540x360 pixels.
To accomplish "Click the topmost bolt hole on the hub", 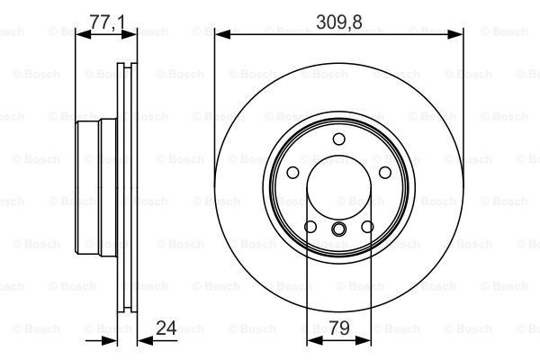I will (339, 139).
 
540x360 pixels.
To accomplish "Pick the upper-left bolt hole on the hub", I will (293, 173).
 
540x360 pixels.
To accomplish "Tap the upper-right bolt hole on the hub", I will (385, 173).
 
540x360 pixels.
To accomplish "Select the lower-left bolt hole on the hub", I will (310, 227).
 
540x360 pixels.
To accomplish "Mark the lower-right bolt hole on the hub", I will (368, 227).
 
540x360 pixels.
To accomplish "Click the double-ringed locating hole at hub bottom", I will (339, 230).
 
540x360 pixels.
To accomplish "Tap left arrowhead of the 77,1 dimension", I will (79, 34).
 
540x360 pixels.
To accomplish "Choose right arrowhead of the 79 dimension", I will (366, 341).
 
